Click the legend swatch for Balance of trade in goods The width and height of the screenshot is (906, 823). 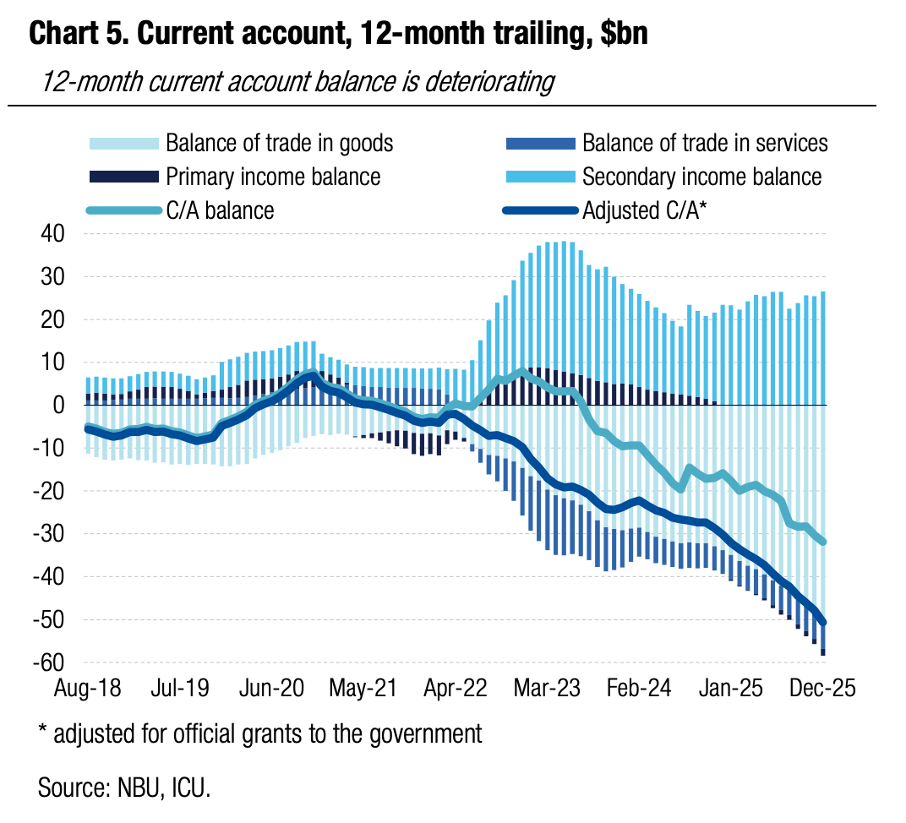click(123, 143)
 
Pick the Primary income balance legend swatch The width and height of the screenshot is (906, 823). click(123, 177)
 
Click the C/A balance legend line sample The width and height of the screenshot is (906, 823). click(123, 210)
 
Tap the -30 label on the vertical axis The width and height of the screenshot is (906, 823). click(48, 534)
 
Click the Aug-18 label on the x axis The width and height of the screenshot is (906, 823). click(88, 687)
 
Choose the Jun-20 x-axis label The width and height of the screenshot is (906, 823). click(272, 687)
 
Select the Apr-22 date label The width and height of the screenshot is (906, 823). click(456, 687)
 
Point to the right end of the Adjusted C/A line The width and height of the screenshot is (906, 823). click(824, 623)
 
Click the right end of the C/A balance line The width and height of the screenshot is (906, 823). click(824, 542)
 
